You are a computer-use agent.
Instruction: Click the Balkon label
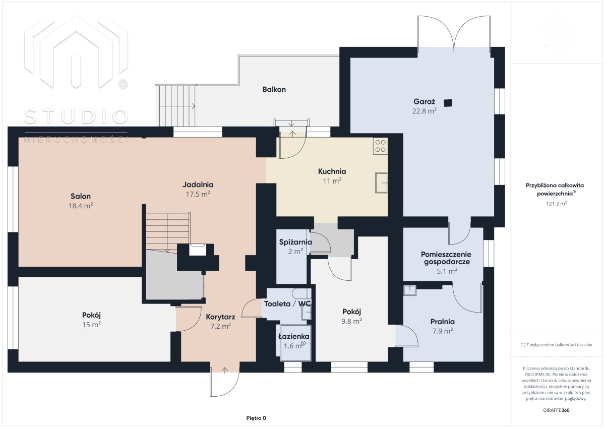[274, 89]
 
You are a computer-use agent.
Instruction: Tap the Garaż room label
[424, 101]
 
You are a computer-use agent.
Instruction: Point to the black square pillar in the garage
[448, 103]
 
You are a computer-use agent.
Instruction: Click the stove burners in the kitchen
[380, 146]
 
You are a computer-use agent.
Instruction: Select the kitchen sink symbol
[381, 183]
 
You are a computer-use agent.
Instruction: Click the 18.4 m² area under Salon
[81, 206]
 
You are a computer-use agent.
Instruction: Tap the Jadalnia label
[198, 185]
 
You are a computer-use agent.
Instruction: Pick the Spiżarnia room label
[295, 242]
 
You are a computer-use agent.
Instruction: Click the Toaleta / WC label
[287, 304]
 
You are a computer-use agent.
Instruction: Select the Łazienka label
[294, 336]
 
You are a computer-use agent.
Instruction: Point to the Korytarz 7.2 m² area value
[220, 326]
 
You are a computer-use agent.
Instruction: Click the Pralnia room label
[443, 322]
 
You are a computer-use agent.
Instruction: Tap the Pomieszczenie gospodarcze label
[446, 258]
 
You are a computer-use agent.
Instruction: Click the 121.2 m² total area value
[556, 204]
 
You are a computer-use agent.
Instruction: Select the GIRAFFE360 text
[556, 410]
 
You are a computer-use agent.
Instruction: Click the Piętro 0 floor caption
[256, 418]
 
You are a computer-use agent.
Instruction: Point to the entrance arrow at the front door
[225, 370]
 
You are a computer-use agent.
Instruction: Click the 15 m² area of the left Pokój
[92, 325]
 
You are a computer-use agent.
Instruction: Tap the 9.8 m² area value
[352, 321]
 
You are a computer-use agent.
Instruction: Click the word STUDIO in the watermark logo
[76, 116]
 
